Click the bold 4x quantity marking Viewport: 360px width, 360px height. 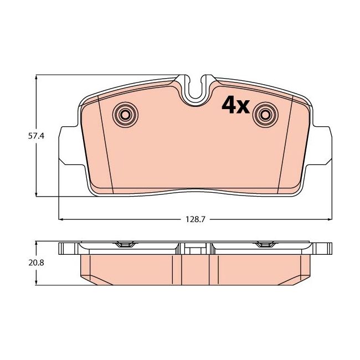[x=236, y=105]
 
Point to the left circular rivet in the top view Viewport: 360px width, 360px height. [x=125, y=115]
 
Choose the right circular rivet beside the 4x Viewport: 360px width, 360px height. [x=265, y=115]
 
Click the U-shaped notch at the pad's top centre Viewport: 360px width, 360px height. [x=196, y=91]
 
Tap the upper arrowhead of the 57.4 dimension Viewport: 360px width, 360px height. [x=37, y=78]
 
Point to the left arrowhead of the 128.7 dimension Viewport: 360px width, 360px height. [x=61, y=219]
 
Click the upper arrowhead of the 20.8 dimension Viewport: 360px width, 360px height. [x=37, y=243]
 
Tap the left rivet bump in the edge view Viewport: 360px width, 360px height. [x=125, y=245]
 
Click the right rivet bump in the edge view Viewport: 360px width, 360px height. [x=265, y=245]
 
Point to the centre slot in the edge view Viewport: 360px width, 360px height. [x=196, y=249]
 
